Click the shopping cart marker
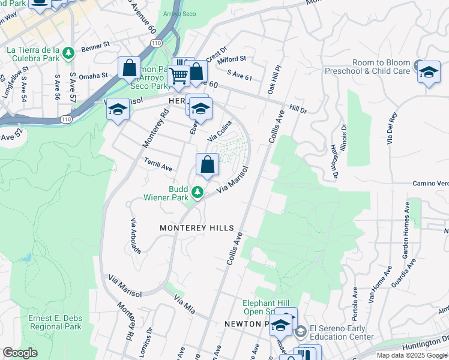[x=178, y=76]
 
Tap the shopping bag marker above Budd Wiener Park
[x=207, y=164]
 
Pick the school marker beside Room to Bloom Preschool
[x=428, y=72]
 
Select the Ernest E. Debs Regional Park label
[x=54, y=323]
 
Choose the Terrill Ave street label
[x=158, y=165]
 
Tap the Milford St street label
[x=232, y=59]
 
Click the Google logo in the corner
[x=20, y=353]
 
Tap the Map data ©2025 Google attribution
[x=412, y=355]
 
